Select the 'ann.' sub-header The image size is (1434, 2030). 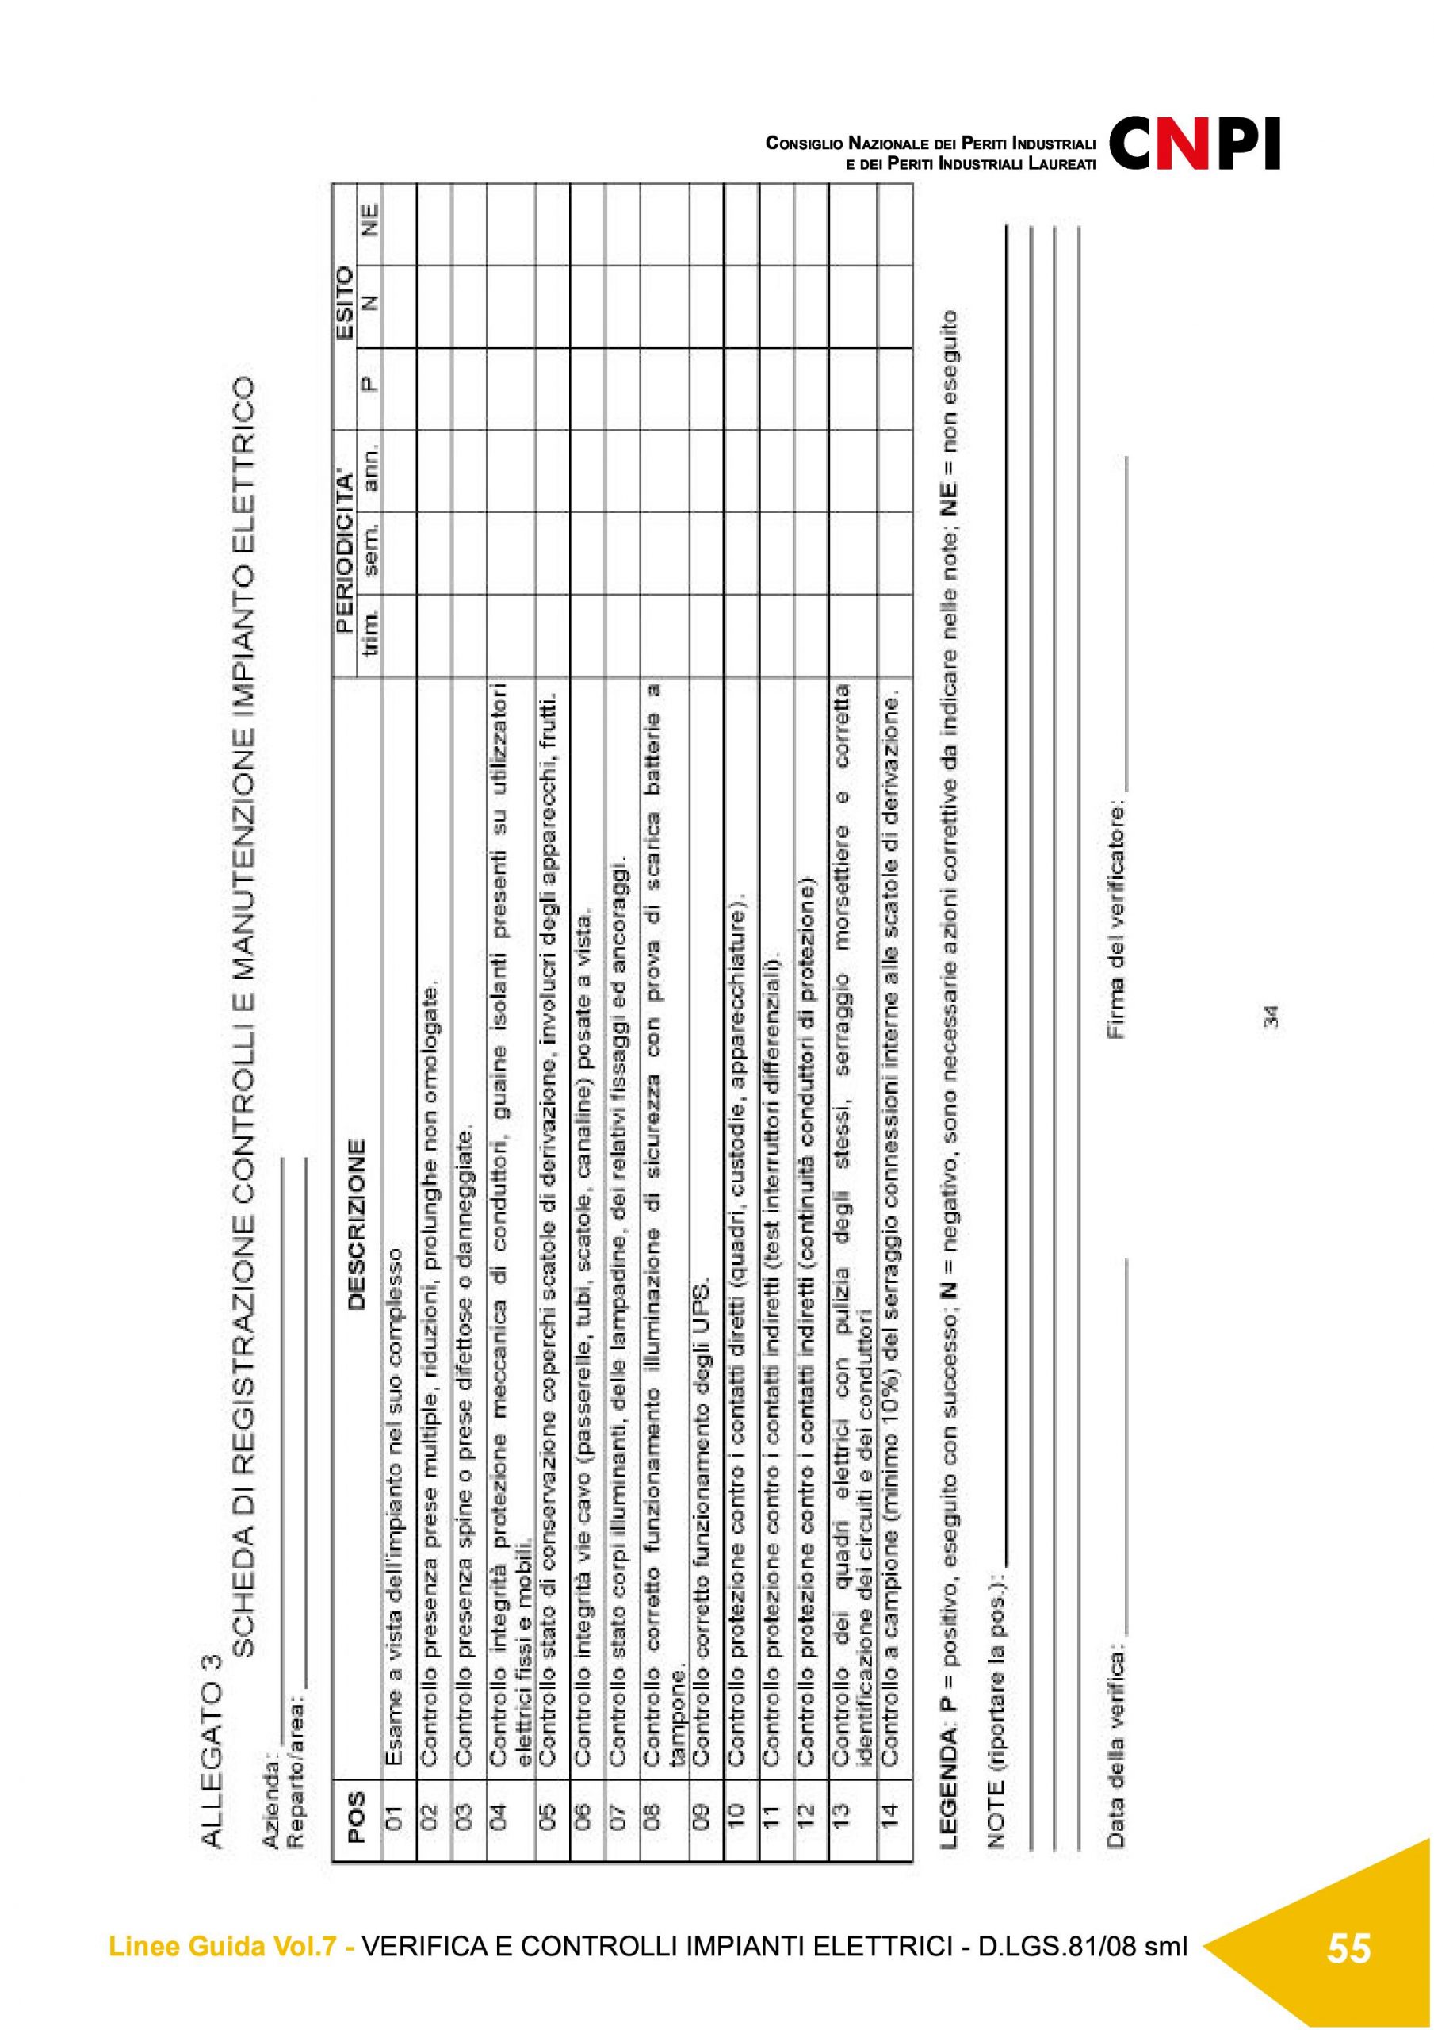coord(371,469)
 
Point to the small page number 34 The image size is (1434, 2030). coord(1271,1017)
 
